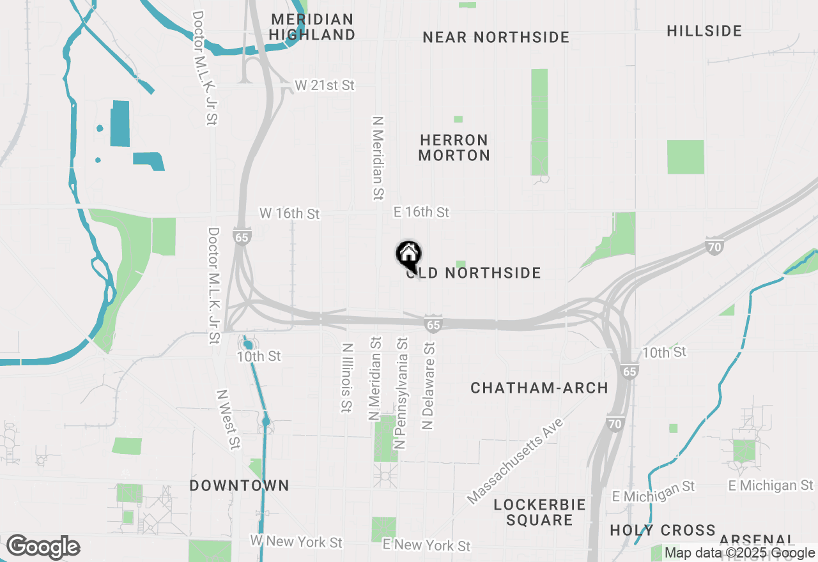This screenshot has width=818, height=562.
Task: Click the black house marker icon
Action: (x=409, y=255)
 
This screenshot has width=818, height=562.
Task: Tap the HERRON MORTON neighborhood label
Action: (x=454, y=148)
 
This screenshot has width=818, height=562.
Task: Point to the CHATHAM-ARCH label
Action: (x=539, y=388)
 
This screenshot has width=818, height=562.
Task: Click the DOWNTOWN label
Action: (x=240, y=486)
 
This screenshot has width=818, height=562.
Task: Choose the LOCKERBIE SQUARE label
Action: (x=540, y=512)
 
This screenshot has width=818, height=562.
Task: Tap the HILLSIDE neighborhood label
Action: (x=704, y=31)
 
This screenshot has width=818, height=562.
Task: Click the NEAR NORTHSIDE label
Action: (x=496, y=37)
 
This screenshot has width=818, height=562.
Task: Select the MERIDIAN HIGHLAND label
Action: (x=312, y=27)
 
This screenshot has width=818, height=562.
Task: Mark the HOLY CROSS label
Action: (x=663, y=531)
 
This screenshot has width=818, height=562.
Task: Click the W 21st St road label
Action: (x=325, y=85)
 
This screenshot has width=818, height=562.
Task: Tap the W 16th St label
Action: (x=289, y=213)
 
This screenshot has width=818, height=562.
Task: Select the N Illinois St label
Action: (x=347, y=378)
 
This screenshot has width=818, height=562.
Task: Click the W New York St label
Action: (x=296, y=542)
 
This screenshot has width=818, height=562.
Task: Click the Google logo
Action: (x=43, y=547)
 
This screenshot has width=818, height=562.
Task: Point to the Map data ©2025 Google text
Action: (x=740, y=553)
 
